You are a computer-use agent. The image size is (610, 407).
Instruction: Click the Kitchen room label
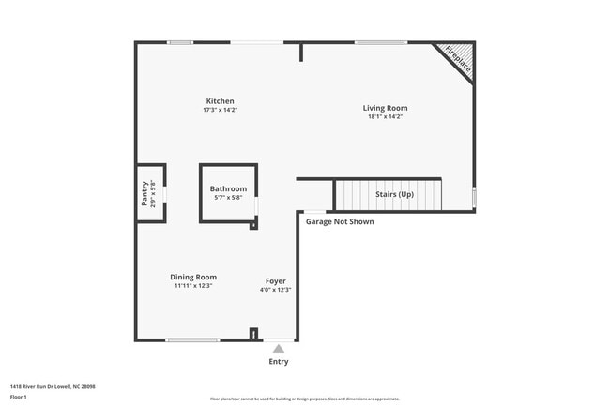coord(221,101)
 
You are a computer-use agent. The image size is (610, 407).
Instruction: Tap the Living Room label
coord(385,108)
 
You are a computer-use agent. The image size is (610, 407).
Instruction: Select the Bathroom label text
coord(228,188)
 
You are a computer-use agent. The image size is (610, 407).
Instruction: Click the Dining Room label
coord(193,277)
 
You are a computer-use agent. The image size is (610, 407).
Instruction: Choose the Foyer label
coord(275,280)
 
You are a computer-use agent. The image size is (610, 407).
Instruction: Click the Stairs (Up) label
coord(394,194)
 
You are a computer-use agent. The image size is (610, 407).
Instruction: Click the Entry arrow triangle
coord(279,349)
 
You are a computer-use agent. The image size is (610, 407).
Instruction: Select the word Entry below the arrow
coord(279,362)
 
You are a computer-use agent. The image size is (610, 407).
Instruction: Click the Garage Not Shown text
coord(340,222)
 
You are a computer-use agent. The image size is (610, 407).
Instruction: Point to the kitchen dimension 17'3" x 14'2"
coord(221,110)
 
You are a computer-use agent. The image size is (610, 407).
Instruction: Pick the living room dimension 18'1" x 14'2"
coord(385,116)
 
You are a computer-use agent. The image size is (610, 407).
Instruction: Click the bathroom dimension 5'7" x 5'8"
coord(228,197)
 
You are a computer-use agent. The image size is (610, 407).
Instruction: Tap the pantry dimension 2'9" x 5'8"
coord(153,192)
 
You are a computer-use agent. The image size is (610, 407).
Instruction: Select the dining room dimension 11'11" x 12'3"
coord(193,285)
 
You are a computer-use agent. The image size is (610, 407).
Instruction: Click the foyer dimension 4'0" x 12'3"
coord(275,289)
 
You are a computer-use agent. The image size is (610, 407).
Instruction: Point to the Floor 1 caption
coord(19,397)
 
